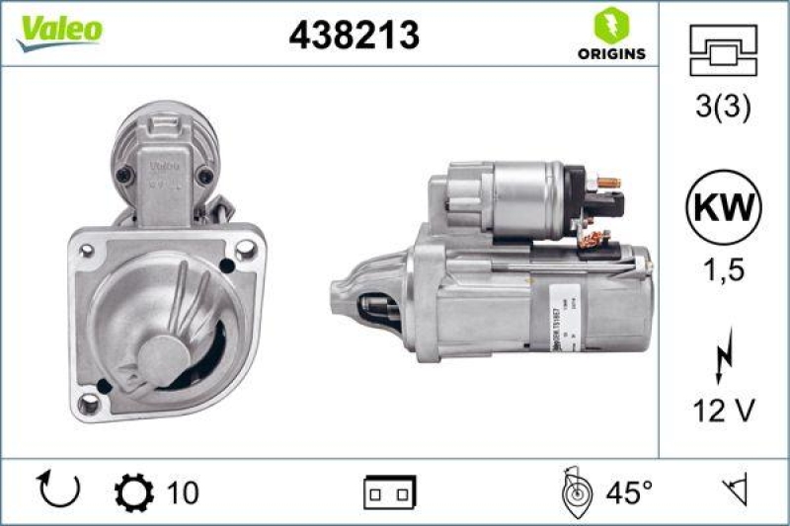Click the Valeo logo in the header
point(58,29)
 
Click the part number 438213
point(354,36)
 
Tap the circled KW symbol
point(724,209)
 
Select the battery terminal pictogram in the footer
point(390,490)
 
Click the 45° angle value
point(629,490)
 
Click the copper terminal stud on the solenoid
point(608,183)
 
